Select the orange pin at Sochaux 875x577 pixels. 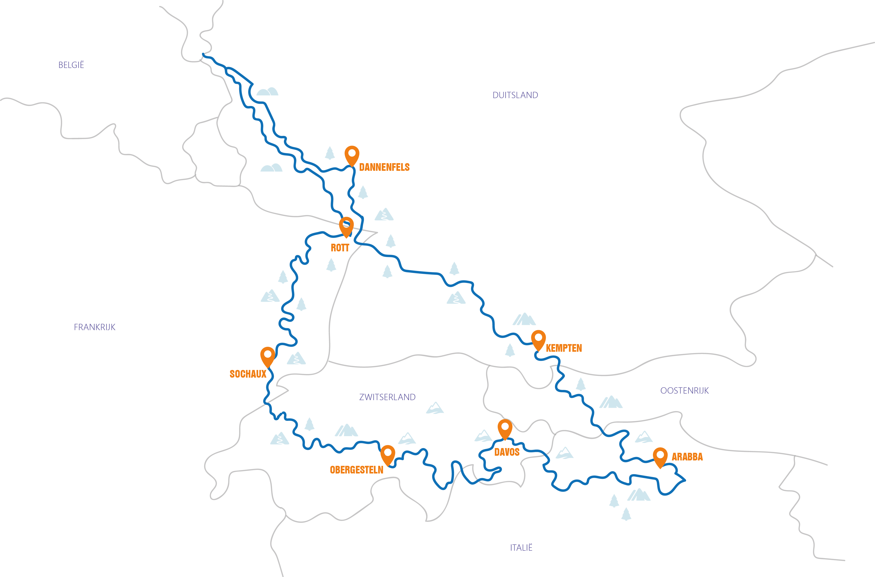pos(268,355)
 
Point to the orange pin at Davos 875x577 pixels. pos(505,428)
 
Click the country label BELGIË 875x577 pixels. pos(71,65)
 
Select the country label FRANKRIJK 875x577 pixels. pos(95,327)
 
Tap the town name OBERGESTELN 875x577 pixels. pos(357,470)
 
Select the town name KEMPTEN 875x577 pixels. pos(564,348)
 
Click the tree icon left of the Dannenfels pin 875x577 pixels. pos(330,153)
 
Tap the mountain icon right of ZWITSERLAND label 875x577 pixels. pos(435,408)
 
